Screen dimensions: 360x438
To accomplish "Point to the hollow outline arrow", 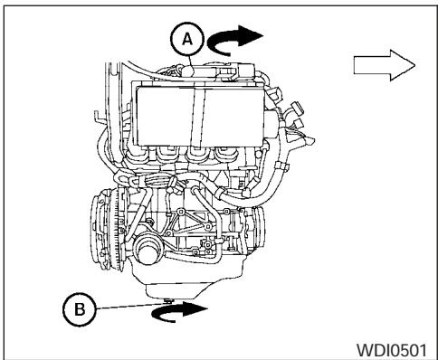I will (x=384, y=64).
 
